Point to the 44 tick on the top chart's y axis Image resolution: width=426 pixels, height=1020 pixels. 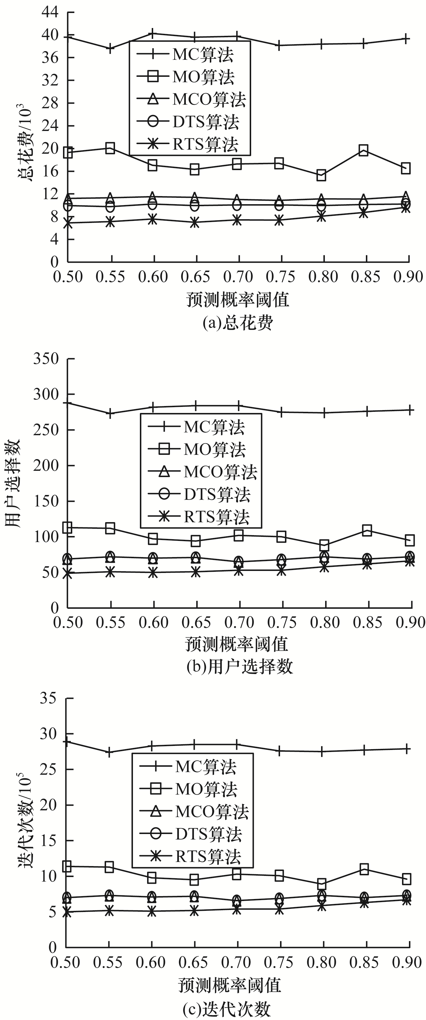[x=49, y=12]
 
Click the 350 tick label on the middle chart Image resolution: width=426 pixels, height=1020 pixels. [x=46, y=359]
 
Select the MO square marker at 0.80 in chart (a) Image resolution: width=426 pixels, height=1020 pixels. [x=321, y=175]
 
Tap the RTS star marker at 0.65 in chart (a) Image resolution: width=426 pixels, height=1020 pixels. [x=194, y=223]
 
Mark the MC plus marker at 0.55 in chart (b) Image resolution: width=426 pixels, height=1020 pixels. [x=111, y=413]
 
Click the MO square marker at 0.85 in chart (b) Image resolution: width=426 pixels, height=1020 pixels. [x=367, y=530]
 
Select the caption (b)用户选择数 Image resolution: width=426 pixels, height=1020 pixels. [x=239, y=667]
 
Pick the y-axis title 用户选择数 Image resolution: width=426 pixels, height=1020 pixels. [x=13, y=483]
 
